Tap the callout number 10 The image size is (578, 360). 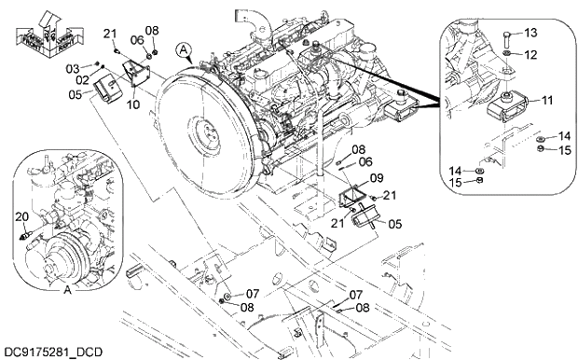133,104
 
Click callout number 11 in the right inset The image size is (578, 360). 546,99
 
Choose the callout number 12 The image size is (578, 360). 530,54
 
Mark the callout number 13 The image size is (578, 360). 531,34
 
